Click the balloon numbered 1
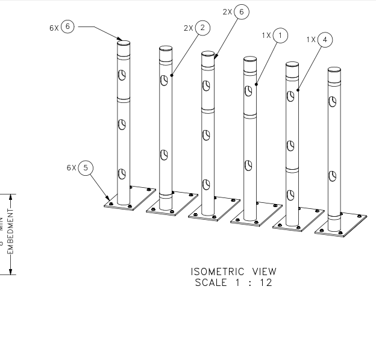(280, 36)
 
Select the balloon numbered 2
(202, 28)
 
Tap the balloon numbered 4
(325, 40)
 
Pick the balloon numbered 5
(87, 167)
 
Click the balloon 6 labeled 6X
(68, 28)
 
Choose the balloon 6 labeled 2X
(242, 12)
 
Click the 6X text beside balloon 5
(72, 168)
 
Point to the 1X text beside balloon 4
(311, 40)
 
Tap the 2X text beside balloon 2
(188, 28)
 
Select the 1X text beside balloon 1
(266, 36)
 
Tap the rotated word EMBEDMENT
(10, 231)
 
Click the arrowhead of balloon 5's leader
(109, 199)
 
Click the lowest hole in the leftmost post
(122, 175)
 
